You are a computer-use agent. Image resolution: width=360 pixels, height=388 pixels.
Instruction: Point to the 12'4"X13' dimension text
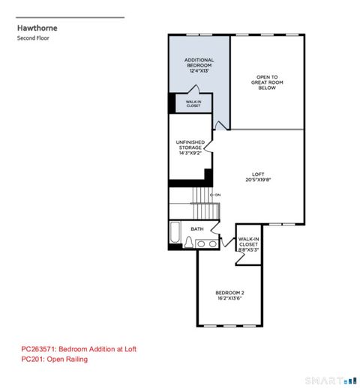[x=199, y=72]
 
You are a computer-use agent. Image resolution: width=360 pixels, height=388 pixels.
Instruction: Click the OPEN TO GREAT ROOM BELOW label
[x=266, y=82]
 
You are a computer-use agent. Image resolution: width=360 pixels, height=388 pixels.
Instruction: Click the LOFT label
[x=259, y=174]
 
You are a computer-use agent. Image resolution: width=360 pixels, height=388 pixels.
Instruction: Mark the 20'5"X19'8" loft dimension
[x=259, y=180]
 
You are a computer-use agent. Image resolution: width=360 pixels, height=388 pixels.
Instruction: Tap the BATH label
[x=197, y=228]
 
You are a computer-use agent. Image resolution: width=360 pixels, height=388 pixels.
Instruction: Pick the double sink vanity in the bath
[x=208, y=243]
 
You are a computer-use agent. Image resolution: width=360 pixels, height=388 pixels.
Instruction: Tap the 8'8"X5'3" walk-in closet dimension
[x=248, y=250]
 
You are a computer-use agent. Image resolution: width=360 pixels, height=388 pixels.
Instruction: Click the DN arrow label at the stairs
[x=216, y=195]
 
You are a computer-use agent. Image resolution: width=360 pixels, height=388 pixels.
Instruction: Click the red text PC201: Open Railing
[x=54, y=360]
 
